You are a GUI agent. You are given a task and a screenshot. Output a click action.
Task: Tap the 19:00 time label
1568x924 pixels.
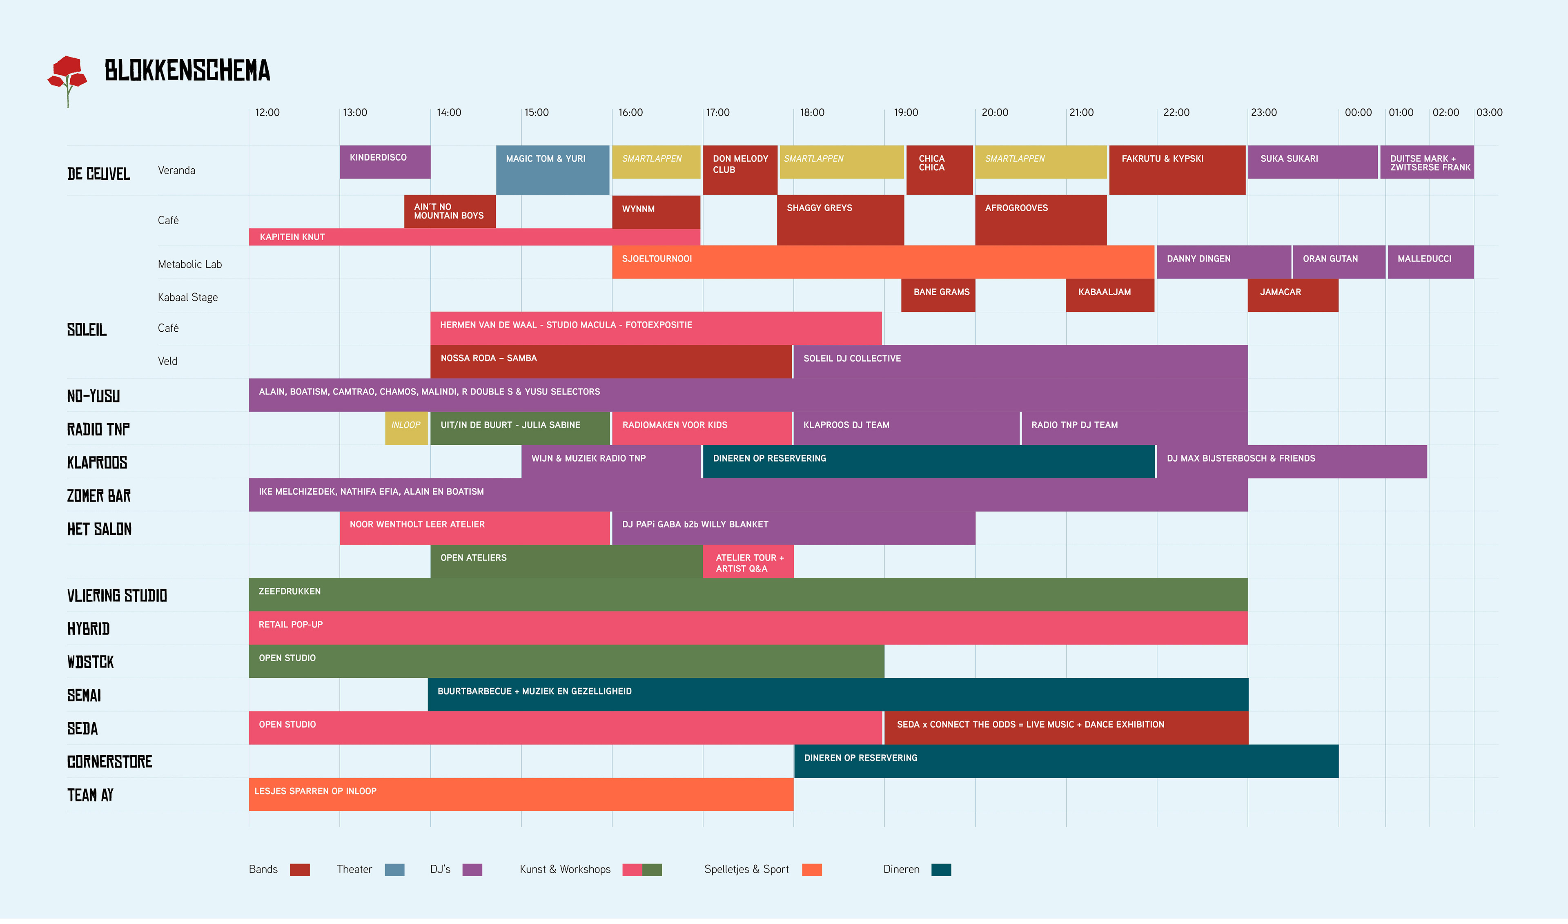coord(905,113)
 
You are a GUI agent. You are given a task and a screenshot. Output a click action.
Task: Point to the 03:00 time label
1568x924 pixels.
coord(1489,113)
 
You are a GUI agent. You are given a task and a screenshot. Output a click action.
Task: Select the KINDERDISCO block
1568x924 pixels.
coord(385,162)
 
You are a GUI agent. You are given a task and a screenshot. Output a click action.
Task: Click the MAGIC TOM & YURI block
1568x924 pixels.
coord(552,170)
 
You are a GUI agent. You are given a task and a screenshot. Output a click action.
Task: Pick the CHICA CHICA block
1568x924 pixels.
coord(939,170)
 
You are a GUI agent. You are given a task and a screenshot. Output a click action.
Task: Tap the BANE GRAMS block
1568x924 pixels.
coord(938,295)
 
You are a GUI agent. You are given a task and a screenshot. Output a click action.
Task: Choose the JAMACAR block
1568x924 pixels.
coord(1292,295)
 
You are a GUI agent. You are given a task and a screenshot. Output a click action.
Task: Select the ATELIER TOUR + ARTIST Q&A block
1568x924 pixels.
coord(748,562)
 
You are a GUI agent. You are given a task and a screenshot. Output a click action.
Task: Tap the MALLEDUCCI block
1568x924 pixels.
coord(1430,261)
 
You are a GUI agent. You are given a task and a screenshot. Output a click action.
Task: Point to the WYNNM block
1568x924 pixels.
coord(656,212)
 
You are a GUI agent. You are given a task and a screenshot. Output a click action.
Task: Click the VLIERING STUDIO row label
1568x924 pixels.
coord(117,596)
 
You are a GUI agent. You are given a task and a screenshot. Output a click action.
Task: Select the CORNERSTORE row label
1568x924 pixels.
coord(109,762)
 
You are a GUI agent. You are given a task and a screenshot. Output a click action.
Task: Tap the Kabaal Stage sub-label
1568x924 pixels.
coord(187,298)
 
